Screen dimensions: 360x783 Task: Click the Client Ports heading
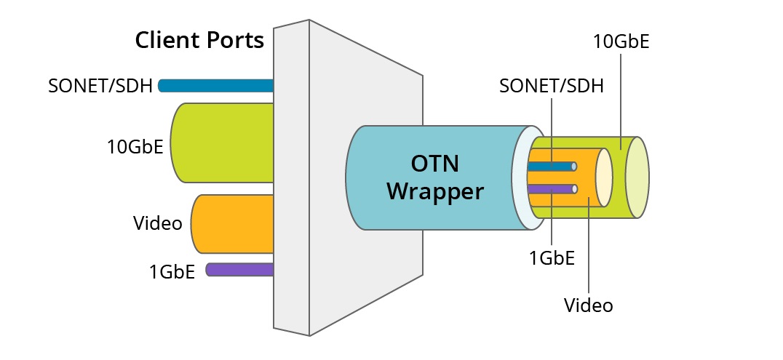click(199, 40)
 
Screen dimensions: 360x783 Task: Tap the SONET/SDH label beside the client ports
click(100, 86)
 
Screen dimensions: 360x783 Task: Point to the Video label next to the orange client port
click(157, 223)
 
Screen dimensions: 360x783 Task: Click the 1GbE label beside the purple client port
click(172, 272)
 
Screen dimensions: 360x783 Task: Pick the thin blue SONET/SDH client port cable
click(215, 86)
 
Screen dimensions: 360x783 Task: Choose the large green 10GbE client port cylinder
click(222, 143)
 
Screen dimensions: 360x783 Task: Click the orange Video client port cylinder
click(232, 223)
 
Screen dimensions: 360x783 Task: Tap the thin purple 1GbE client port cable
click(239, 270)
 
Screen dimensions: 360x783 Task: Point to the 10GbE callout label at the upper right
click(621, 41)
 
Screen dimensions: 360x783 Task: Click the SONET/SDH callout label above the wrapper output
click(552, 86)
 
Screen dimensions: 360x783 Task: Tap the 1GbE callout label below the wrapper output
click(551, 257)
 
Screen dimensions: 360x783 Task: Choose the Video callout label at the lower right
click(589, 305)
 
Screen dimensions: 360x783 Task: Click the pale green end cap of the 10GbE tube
click(637, 177)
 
